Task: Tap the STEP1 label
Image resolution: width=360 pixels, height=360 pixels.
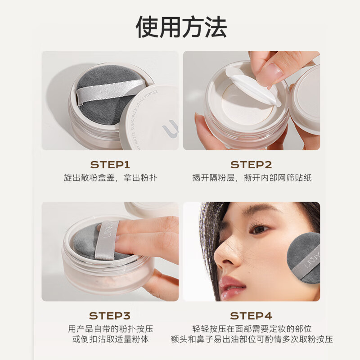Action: pyautogui.click(x=110, y=164)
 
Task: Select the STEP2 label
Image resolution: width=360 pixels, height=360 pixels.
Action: pyautogui.click(x=251, y=164)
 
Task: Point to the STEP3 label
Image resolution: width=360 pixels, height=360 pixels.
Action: pyautogui.click(x=110, y=315)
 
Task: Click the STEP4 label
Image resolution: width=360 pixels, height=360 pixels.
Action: pyautogui.click(x=251, y=315)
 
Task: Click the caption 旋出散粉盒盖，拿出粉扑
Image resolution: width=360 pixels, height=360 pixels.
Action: pyautogui.click(x=110, y=178)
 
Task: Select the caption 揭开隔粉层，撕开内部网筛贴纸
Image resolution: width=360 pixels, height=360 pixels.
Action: pyautogui.click(x=252, y=178)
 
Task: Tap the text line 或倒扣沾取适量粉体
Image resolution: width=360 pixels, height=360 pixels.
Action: pyautogui.click(x=110, y=339)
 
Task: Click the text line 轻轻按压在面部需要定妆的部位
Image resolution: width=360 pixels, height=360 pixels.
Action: pyautogui.click(x=252, y=328)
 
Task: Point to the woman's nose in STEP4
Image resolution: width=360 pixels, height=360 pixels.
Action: pyautogui.click(x=223, y=256)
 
